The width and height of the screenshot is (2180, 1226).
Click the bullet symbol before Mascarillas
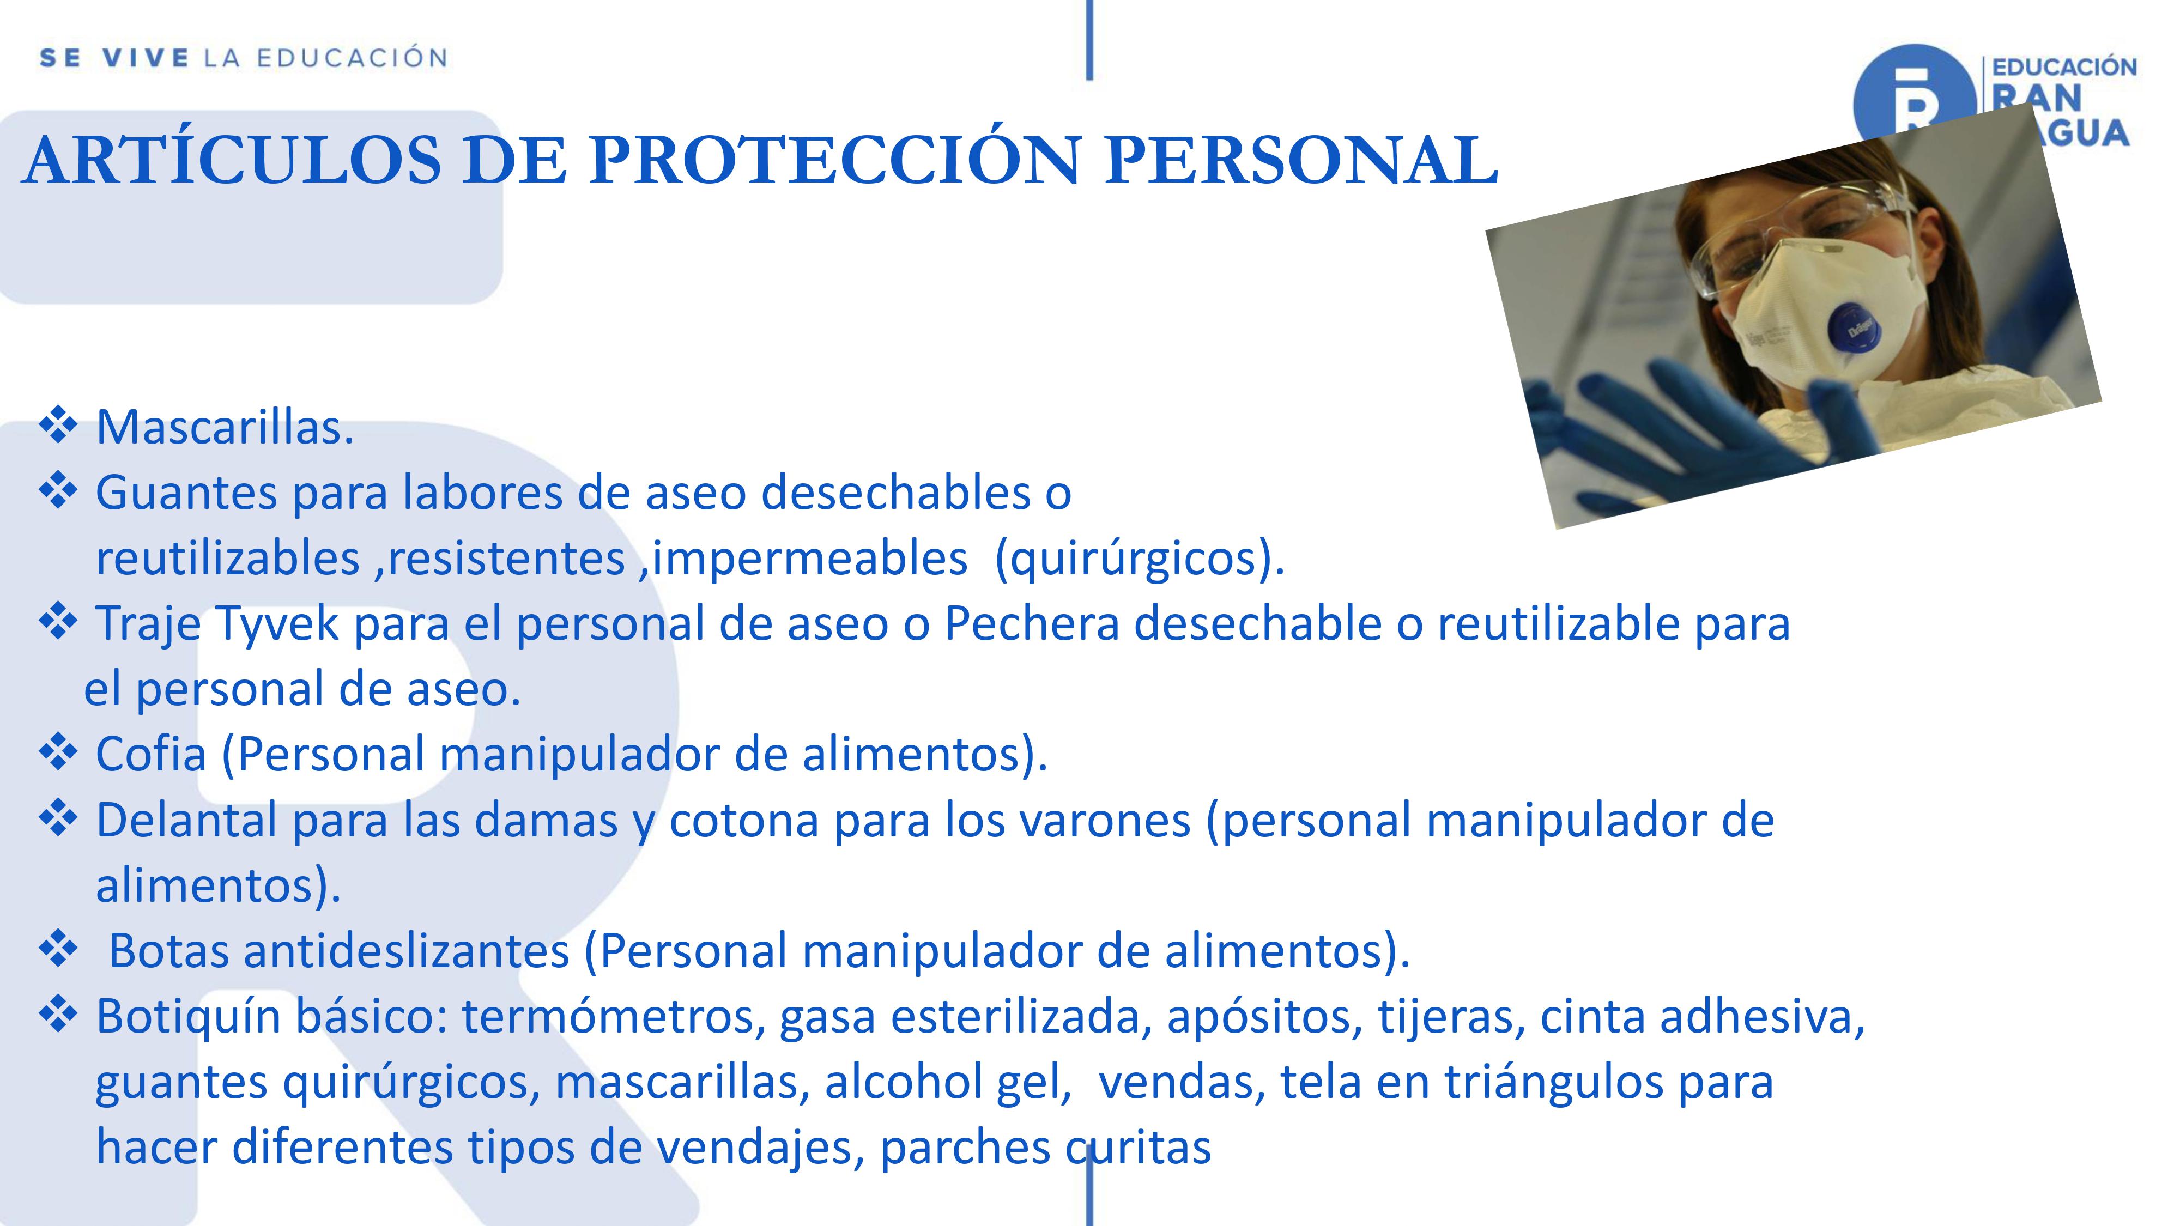click(x=58, y=426)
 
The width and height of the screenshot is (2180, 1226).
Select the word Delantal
click(x=187, y=820)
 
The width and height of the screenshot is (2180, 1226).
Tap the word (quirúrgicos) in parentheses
click(x=1139, y=559)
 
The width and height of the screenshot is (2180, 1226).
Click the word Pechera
click(x=1032, y=624)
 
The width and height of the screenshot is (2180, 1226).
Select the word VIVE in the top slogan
click(x=146, y=58)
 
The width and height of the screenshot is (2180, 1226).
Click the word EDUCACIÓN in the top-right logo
click(x=2064, y=68)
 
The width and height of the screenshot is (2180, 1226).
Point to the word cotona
click(x=744, y=821)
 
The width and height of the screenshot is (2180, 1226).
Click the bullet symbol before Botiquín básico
click(x=58, y=1015)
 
